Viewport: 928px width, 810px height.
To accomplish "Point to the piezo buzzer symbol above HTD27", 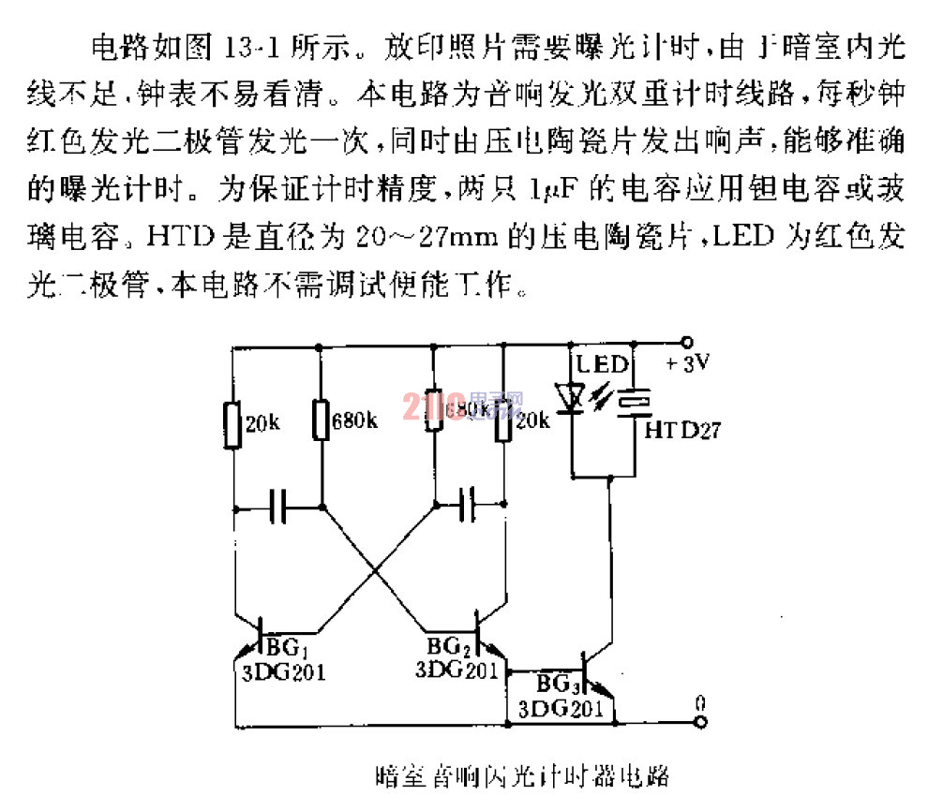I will click(638, 400).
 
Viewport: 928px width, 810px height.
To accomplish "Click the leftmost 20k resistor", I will click(233, 423).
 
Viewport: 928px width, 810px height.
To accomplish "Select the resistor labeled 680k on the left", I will click(321, 421).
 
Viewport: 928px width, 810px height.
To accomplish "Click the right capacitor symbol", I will click(469, 508).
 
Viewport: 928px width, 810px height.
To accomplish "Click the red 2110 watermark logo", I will click(427, 405).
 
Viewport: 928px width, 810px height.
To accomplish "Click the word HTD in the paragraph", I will click(192, 239).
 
